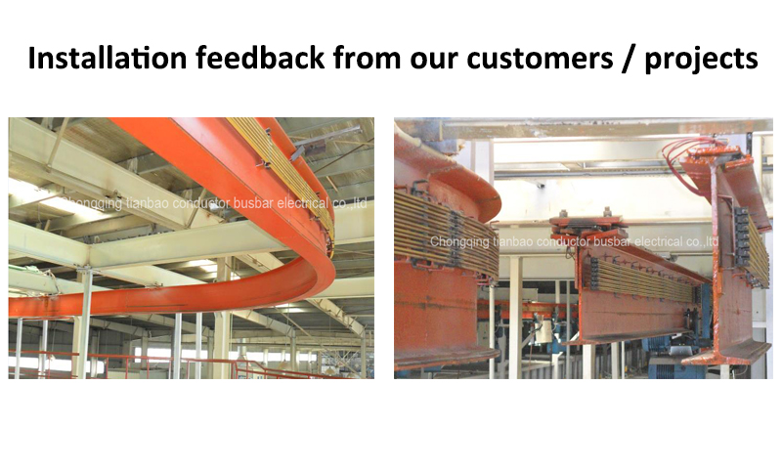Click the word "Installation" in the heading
point(108,58)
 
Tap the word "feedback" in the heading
point(260,58)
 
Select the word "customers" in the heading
point(541,59)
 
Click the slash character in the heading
point(629,59)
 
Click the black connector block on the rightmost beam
point(741,235)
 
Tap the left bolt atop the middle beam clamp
point(564,213)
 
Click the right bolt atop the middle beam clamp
point(607,211)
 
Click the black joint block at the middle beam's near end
point(594,274)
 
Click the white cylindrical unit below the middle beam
point(543,331)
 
